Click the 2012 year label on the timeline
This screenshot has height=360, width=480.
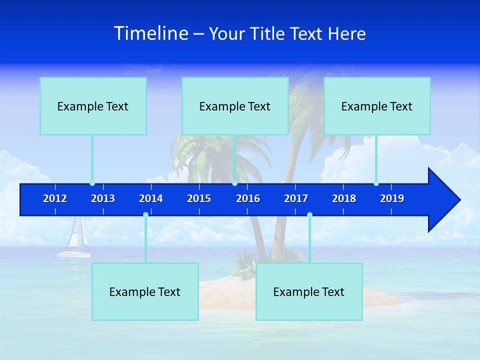[55, 198]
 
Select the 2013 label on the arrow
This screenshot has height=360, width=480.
[103, 198]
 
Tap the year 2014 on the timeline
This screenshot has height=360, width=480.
[151, 198]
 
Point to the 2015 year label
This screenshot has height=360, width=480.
[199, 198]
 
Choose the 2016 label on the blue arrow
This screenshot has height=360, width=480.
[248, 198]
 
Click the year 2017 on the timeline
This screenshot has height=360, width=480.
[296, 198]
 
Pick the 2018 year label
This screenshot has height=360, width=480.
[344, 198]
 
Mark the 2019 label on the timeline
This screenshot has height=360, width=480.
[392, 198]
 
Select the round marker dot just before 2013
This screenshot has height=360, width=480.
[92, 183]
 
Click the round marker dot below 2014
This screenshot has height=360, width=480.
[145, 215]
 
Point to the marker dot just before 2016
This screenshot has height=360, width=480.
[234, 183]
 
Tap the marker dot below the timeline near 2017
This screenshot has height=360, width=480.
[309, 215]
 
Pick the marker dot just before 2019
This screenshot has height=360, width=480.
[376, 183]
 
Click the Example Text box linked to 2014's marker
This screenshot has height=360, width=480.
[145, 291]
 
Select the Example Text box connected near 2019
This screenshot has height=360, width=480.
[377, 106]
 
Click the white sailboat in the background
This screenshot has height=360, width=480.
[75, 240]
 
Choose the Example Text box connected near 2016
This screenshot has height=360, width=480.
[235, 106]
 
